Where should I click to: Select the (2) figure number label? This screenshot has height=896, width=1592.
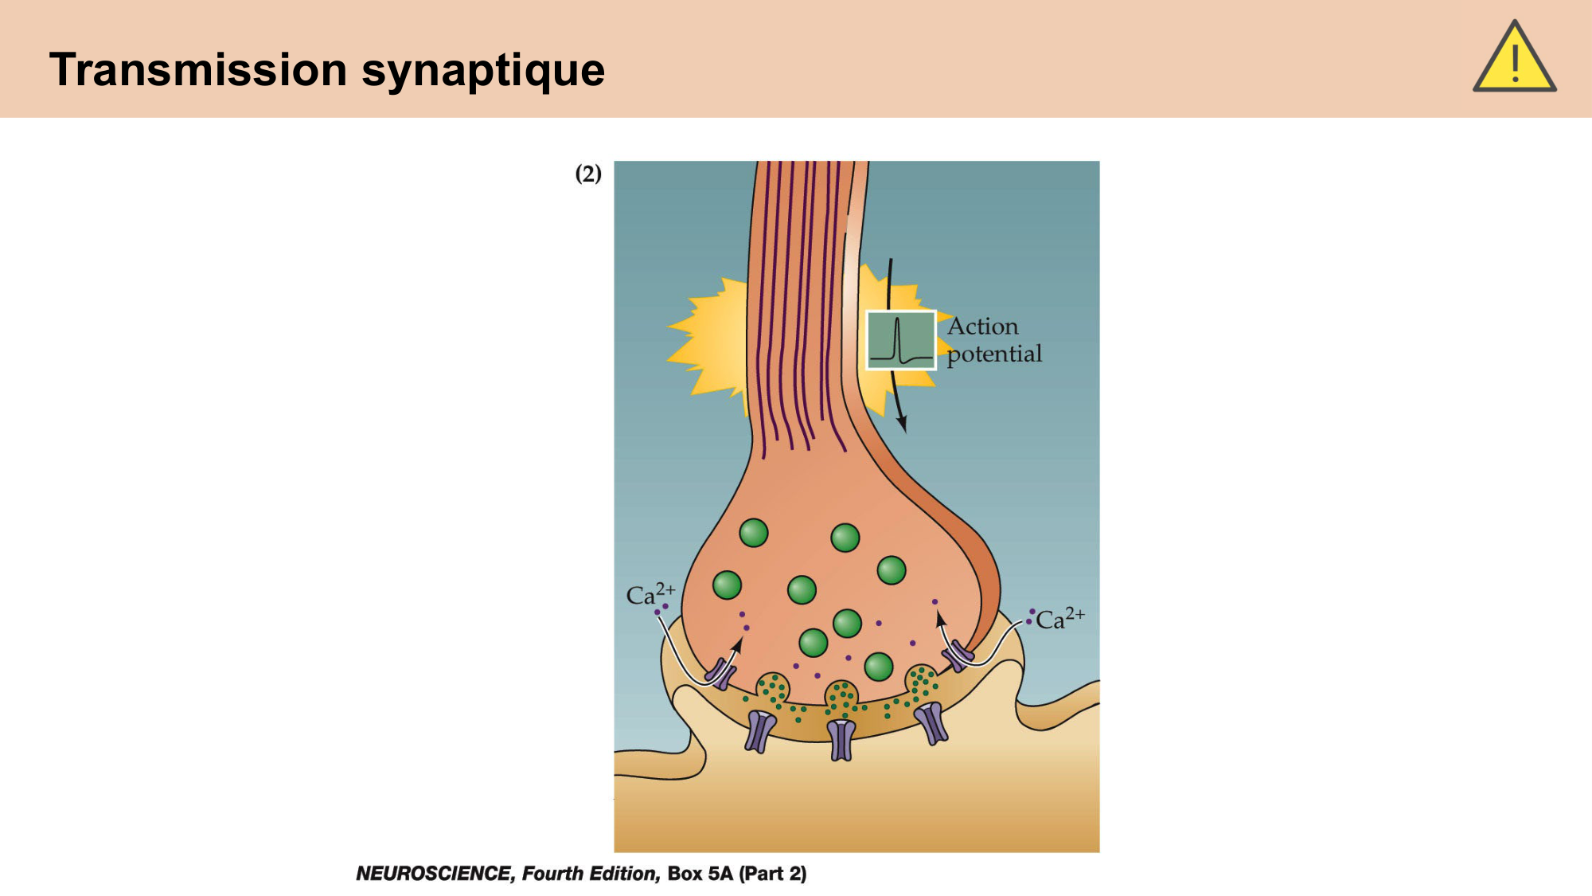tap(588, 174)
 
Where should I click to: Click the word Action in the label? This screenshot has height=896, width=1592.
tap(982, 327)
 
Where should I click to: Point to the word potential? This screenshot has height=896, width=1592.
tap(994, 354)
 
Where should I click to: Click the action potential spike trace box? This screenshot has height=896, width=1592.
tap(900, 340)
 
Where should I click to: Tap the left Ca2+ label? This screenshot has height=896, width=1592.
tap(650, 594)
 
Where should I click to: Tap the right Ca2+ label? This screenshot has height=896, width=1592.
tap(1059, 619)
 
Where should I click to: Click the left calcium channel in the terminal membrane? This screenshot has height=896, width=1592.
tap(721, 673)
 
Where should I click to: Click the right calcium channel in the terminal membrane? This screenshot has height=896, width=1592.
tap(958, 657)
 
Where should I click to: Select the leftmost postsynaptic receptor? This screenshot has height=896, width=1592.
tap(759, 731)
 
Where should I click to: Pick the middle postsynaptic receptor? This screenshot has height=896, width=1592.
tap(841, 739)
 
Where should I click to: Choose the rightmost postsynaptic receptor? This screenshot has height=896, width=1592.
tap(931, 722)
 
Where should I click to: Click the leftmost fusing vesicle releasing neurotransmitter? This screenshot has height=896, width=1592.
tap(772, 688)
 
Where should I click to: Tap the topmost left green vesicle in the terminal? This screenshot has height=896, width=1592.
tap(753, 532)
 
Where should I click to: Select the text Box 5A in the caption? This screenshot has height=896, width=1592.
tap(700, 874)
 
